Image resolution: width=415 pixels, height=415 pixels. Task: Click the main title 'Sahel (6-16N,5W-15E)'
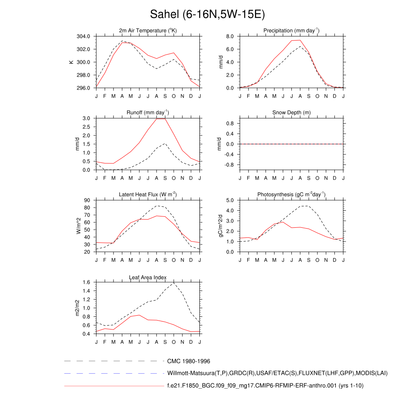[207, 15]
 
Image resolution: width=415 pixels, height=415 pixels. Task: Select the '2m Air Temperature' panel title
[148, 30]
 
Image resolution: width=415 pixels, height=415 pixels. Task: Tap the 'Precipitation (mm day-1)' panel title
[291, 30]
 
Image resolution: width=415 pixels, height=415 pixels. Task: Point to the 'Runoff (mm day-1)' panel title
[148, 112]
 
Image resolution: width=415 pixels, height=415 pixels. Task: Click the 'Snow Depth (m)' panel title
[291, 112]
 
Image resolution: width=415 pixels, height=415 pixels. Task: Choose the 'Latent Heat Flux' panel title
[148, 195]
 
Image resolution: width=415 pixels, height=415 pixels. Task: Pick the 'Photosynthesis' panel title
[291, 195]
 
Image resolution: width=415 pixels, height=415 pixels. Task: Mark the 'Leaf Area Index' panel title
[148, 277]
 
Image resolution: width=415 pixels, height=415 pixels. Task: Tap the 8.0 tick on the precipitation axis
[229, 36]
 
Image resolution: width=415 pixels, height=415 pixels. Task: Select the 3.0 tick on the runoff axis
[86, 118]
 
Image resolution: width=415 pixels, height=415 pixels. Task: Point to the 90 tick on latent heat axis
[87, 201]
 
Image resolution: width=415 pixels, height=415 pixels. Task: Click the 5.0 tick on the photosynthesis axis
[229, 201]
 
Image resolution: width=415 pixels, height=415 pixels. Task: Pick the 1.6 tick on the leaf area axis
[86, 282]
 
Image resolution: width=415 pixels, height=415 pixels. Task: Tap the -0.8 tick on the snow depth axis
[229, 165]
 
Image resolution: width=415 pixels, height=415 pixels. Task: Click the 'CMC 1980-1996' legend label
[188, 361]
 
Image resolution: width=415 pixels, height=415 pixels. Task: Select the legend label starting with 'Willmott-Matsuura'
[277, 373]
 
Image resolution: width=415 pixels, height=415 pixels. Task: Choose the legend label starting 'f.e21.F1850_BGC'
[265, 386]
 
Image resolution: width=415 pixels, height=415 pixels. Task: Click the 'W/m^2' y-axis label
[79, 226]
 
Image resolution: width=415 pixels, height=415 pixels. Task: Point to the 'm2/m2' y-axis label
[78, 308]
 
